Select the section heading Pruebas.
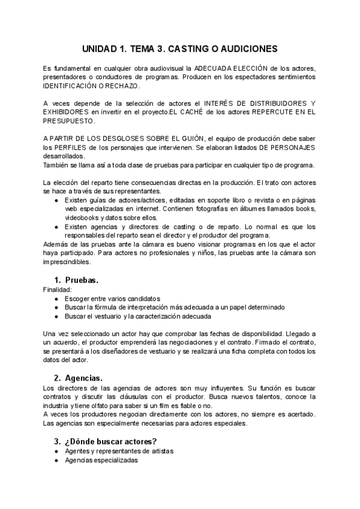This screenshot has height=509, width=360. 82,280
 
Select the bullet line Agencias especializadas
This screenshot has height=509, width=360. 101,460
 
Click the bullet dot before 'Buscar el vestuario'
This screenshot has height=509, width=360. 56,316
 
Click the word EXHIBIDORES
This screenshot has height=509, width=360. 68,112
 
